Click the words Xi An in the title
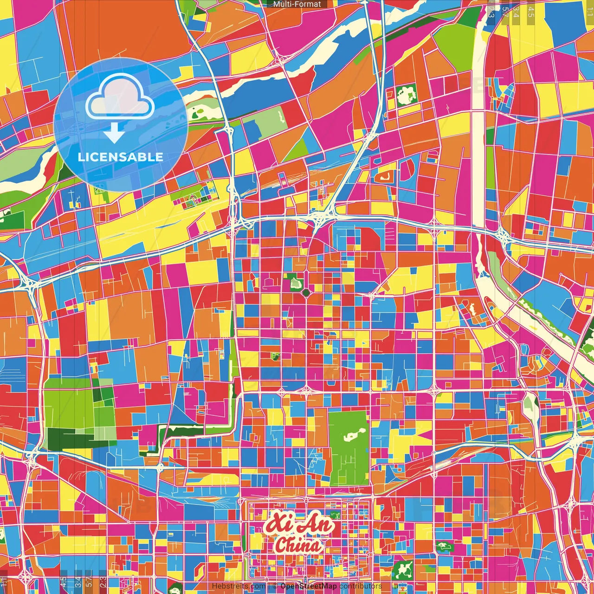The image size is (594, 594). point(299,525)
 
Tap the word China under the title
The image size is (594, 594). point(297,546)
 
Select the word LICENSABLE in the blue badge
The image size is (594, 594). point(120,157)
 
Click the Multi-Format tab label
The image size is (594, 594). point(297,4)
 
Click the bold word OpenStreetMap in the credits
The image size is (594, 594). point(309,586)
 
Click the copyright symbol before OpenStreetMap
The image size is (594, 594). point(275,586)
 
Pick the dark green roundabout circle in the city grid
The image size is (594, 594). point(306,292)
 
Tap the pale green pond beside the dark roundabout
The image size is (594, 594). point(294,281)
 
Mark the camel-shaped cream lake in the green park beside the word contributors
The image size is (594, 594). point(403,568)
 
